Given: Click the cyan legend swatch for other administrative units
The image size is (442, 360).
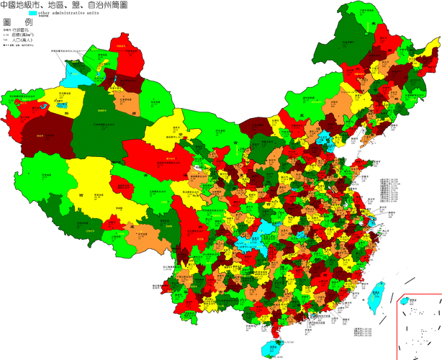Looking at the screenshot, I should tap(33, 14).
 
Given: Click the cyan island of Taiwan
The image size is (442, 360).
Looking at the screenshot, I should tap(375, 295).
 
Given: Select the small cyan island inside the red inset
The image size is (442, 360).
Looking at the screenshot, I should tap(405, 301).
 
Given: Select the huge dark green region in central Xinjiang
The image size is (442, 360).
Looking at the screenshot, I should tap(101, 122).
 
